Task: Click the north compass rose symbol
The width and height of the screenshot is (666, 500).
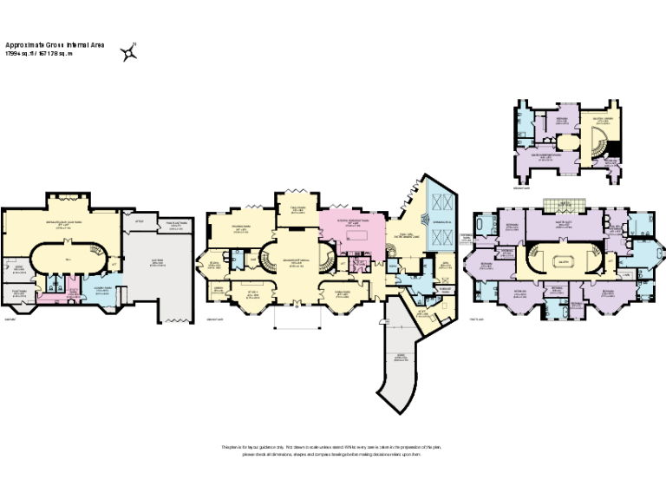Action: pyautogui.click(x=129, y=51)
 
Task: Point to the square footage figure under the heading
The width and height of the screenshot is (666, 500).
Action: pyautogui.click(x=40, y=53)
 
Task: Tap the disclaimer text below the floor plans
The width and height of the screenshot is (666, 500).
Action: pyautogui.click(x=332, y=451)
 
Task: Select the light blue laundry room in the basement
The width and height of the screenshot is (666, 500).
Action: pyautogui.click(x=98, y=291)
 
